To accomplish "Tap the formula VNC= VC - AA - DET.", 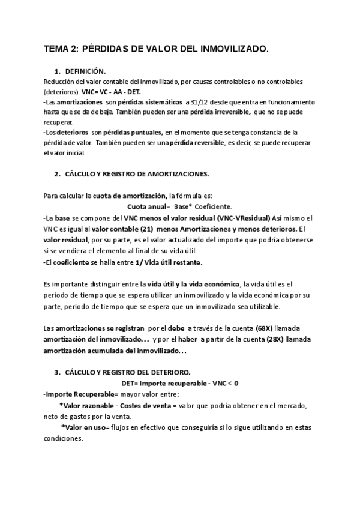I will click(x=109, y=92).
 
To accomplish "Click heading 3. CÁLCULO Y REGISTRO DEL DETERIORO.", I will click(x=130, y=372).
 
